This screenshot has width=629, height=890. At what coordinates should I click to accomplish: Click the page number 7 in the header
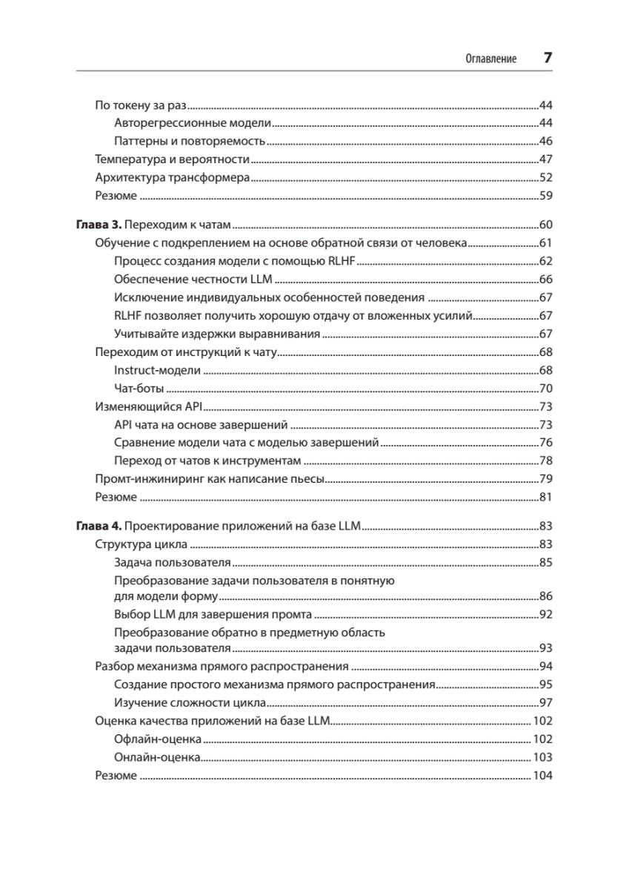[547, 58]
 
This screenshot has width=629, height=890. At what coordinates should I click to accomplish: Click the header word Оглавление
[490, 59]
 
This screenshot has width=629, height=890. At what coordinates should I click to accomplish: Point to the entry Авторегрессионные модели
[193, 123]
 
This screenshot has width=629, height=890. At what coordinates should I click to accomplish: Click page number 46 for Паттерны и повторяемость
[545, 142]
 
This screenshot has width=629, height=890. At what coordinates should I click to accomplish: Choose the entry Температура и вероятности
[172, 159]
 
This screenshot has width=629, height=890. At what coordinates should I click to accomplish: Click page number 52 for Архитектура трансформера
[545, 178]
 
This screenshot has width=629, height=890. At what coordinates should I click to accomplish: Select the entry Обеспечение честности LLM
[193, 280]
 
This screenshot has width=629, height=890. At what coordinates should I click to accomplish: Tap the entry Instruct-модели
[158, 370]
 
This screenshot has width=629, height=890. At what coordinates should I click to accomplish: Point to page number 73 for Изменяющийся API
[545, 406]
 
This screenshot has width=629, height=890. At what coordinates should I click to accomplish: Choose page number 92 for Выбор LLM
[545, 615]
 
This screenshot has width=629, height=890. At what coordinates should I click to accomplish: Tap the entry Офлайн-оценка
[158, 739]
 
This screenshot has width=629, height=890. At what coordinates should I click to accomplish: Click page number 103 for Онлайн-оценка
[542, 758]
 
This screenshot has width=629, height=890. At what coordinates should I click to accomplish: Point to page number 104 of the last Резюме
[542, 776]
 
